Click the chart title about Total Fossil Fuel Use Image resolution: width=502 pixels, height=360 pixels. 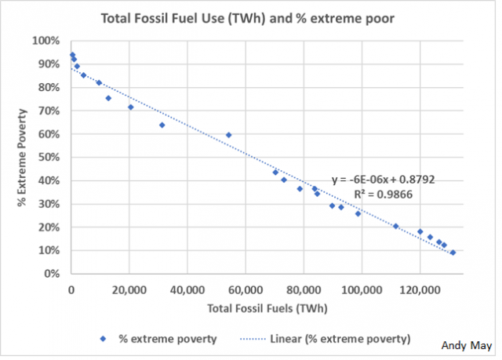[249, 17]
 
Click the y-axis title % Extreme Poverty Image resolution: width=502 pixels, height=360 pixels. [24, 158]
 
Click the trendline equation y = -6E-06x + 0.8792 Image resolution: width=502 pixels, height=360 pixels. [383, 180]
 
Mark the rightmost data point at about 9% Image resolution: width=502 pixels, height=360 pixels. [453, 253]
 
